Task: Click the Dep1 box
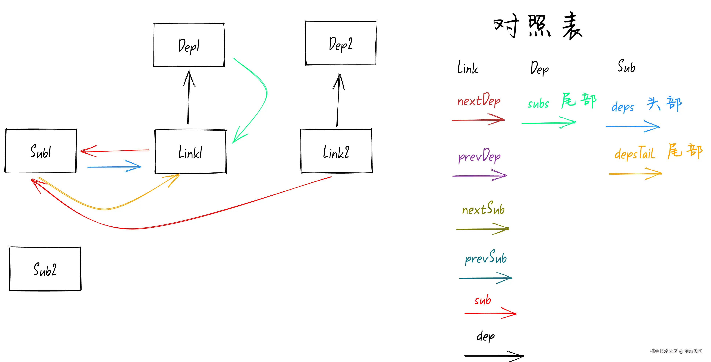pyautogui.click(x=189, y=45)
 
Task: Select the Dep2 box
pyautogui.click(x=341, y=43)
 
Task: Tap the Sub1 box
pyautogui.click(x=41, y=151)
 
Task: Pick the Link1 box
pyautogui.click(x=190, y=152)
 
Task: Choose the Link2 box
pyautogui.click(x=336, y=151)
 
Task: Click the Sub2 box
pyautogui.click(x=45, y=269)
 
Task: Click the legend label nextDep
pyautogui.click(x=479, y=100)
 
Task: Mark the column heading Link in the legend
pyautogui.click(x=467, y=68)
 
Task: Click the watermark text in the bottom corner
pyautogui.click(x=676, y=351)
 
